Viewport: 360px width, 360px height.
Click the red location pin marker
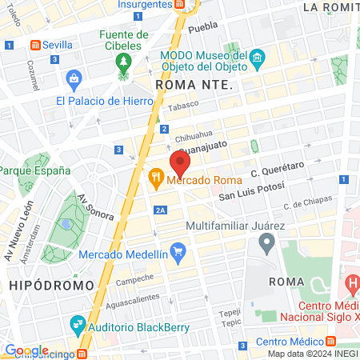click(180, 164)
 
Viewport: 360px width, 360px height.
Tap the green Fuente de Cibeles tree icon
click(123, 62)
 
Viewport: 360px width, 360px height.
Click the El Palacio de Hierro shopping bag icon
click(74, 78)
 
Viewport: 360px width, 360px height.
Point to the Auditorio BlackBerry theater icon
click(78, 324)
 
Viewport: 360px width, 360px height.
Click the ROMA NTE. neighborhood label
click(194, 84)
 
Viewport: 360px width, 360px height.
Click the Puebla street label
click(206, 26)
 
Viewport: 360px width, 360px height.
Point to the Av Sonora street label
click(95, 206)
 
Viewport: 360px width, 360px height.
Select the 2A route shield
click(161, 210)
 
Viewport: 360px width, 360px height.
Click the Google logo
click(26, 350)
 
